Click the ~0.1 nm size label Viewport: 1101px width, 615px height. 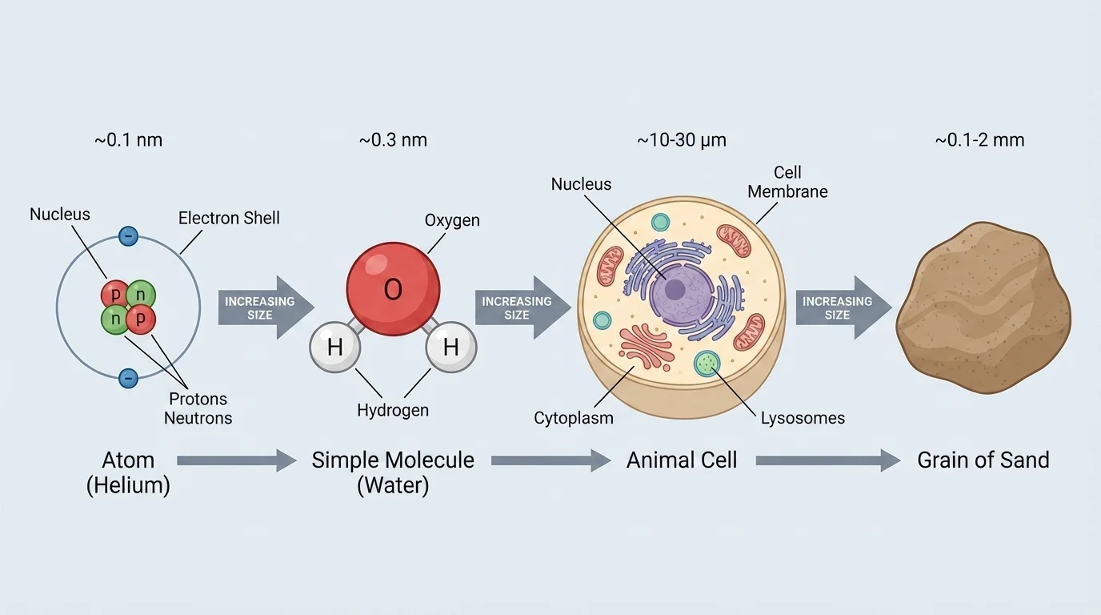click(128, 140)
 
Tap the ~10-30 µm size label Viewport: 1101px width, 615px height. click(682, 140)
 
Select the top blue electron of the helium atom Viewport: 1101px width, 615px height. click(128, 236)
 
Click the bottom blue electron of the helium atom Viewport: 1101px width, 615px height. click(128, 378)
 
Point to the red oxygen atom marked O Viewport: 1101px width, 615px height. click(393, 289)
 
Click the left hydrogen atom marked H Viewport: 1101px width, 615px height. click(335, 348)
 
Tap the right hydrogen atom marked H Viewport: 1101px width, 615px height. click(450, 348)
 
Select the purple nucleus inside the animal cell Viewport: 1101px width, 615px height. click(675, 290)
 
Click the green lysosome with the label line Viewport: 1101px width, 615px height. click(707, 364)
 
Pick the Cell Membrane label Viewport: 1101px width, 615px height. click(787, 183)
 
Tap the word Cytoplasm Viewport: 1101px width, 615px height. click(574, 418)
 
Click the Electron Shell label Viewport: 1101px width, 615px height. click(229, 218)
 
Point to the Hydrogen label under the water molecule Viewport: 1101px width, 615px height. click(393, 410)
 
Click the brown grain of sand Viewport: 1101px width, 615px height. click(983, 308)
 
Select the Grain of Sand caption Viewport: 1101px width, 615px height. click(983, 460)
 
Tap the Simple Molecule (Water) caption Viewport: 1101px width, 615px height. click(393, 472)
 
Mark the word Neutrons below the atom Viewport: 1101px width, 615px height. click(198, 418)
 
